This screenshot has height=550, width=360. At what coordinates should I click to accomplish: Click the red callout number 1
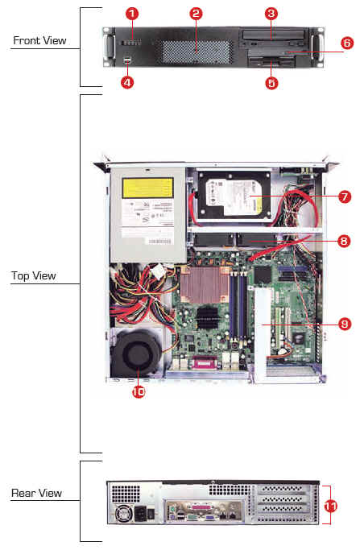click(132, 14)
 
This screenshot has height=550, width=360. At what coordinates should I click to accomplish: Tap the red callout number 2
click(196, 14)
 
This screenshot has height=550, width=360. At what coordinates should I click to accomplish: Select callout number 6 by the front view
click(346, 43)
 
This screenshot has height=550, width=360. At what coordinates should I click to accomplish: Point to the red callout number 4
click(127, 82)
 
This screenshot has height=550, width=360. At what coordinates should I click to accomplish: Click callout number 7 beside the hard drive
click(345, 196)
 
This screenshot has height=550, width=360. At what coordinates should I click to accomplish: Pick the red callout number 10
click(139, 391)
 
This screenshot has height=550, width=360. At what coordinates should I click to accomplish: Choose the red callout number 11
click(330, 506)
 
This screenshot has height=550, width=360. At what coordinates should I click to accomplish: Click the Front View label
click(39, 40)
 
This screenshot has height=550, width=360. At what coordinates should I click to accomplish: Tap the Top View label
click(33, 275)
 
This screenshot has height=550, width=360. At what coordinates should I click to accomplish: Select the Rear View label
click(36, 493)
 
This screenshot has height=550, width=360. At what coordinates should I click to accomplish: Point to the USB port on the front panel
click(127, 60)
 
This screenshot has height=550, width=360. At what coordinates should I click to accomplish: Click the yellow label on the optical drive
click(147, 188)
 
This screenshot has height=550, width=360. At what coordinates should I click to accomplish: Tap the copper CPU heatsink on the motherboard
click(205, 284)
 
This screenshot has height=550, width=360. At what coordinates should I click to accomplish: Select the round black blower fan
click(136, 354)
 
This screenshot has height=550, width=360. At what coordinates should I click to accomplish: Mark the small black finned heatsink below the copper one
click(207, 318)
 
